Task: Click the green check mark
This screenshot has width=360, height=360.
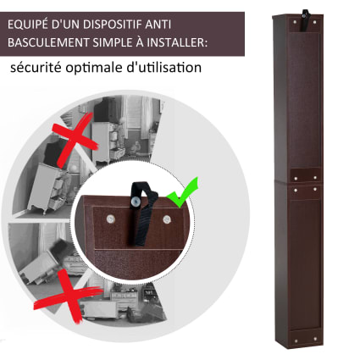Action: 184,193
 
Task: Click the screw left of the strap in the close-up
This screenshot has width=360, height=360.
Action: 110,218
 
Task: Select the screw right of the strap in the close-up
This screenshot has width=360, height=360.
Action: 167,219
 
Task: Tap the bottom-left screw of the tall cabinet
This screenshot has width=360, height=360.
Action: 296,340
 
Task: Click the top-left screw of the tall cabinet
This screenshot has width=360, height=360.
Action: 296,21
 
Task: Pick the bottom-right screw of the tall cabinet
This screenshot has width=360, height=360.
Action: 315,339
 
